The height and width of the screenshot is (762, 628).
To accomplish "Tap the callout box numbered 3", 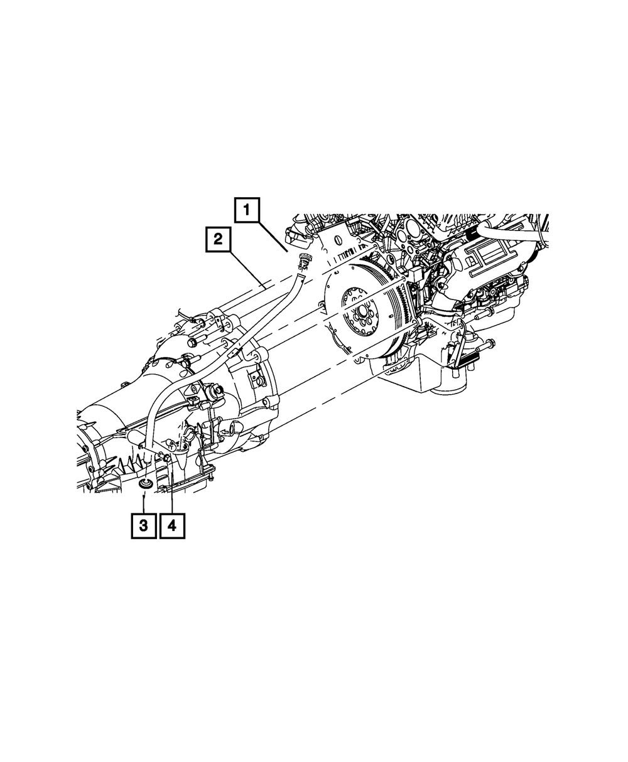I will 144,525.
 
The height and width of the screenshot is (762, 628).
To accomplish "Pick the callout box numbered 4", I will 172,525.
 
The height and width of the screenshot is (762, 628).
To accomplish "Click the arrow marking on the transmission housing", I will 224,431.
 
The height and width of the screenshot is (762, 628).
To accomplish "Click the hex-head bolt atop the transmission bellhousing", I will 192,343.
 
